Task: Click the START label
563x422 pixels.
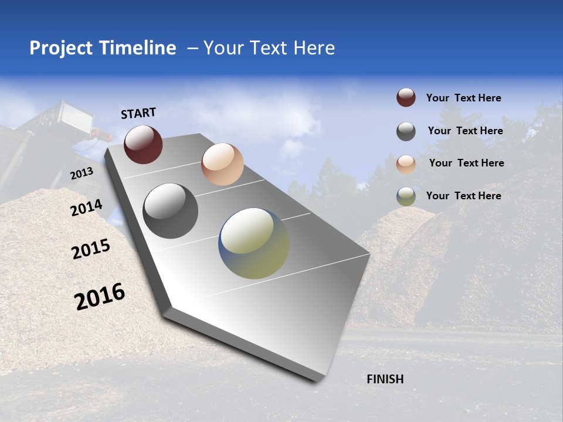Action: pyautogui.click(x=138, y=113)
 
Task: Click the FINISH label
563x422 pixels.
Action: pyautogui.click(x=385, y=379)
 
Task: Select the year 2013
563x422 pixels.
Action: pyautogui.click(x=82, y=173)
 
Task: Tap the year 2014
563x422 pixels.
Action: pyautogui.click(x=86, y=208)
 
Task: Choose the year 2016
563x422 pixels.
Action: pyautogui.click(x=100, y=296)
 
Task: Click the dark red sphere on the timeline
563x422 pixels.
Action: pyautogui.click(x=143, y=145)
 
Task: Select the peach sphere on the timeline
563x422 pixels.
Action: pyautogui.click(x=222, y=164)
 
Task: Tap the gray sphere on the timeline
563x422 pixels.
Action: pyautogui.click(x=171, y=211)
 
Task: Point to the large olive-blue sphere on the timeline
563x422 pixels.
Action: pyautogui.click(x=254, y=243)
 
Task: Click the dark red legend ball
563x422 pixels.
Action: pyautogui.click(x=406, y=98)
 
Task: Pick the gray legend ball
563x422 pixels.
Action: pyautogui.click(x=406, y=131)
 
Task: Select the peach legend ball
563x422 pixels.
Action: pyautogui.click(x=406, y=164)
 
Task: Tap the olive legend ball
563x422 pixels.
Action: pyautogui.click(x=406, y=196)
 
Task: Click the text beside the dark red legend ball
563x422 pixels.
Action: pyautogui.click(x=463, y=98)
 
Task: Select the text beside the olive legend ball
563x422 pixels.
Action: pyautogui.click(x=463, y=196)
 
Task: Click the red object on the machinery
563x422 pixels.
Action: pyautogui.click(x=103, y=136)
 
